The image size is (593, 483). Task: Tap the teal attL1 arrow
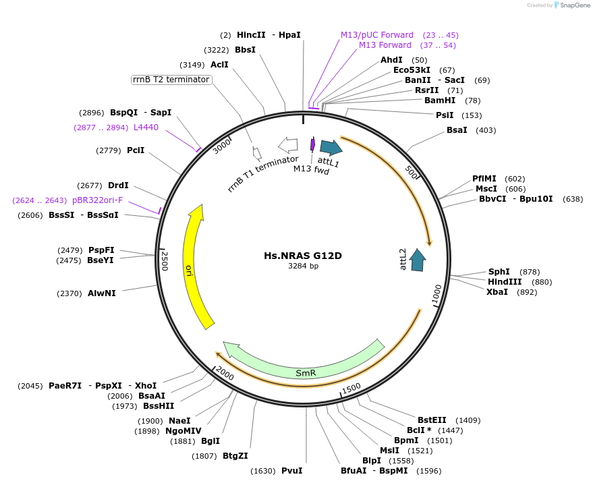click(x=331, y=148)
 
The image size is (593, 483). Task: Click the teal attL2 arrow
click(x=418, y=260)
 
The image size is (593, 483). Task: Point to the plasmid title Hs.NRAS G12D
click(x=303, y=256)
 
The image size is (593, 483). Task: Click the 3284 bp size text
click(x=303, y=266)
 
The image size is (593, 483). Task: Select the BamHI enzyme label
click(x=440, y=101)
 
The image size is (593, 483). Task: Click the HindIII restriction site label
click(x=505, y=282)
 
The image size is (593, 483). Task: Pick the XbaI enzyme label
click(x=497, y=292)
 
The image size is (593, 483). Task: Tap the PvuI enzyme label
click(x=291, y=471)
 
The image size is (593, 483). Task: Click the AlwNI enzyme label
click(x=102, y=293)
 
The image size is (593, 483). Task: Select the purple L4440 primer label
click(x=146, y=127)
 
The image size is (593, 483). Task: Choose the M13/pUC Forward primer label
click(x=376, y=35)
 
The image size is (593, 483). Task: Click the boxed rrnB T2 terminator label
click(x=171, y=80)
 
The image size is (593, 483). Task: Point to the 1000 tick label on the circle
click(x=436, y=295)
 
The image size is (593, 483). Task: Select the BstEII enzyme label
click(x=432, y=420)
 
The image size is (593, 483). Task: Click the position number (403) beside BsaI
click(x=486, y=130)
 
